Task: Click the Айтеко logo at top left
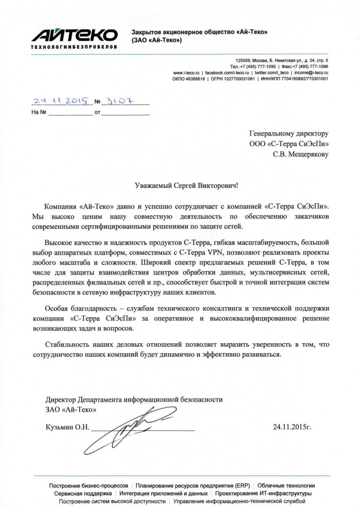click(74, 35)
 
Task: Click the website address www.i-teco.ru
click(187, 73)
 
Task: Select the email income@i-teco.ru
click(311, 73)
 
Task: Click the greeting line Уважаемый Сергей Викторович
click(188, 185)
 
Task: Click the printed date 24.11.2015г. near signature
click(292, 427)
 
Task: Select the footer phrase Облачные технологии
click(287, 486)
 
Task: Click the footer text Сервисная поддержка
click(80, 493)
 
